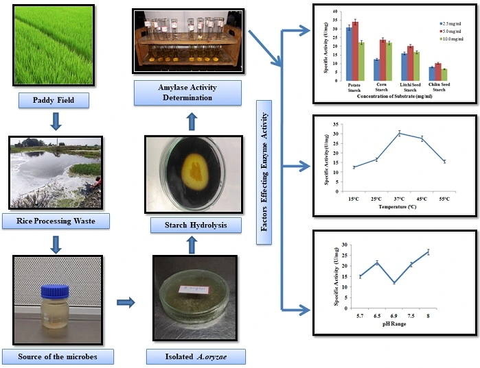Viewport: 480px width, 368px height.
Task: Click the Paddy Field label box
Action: coord(55,101)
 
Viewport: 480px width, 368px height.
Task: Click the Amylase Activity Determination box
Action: coord(188,93)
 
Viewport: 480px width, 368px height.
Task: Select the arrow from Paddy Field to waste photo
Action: coord(56,122)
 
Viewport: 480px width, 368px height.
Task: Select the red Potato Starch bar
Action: coord(355,51)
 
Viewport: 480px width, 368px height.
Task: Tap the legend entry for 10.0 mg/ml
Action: coord(453,39)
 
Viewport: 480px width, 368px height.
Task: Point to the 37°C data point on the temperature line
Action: coord(399,133)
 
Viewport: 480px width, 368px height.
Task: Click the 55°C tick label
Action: coord(444,198)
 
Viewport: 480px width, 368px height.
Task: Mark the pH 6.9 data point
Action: coord(393,282)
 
